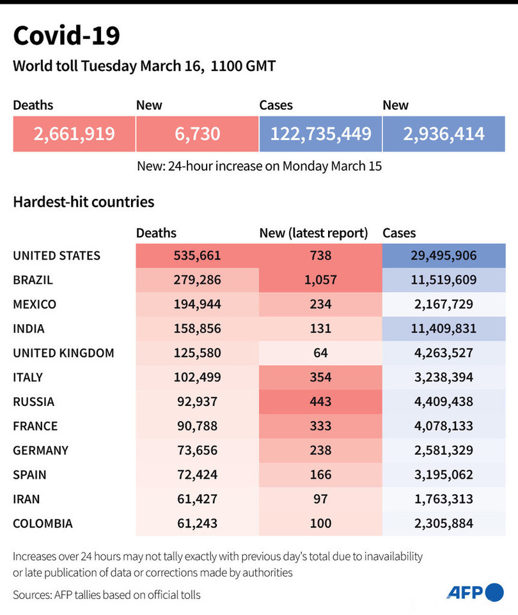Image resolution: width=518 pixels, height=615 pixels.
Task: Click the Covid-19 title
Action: (x=67, y=36)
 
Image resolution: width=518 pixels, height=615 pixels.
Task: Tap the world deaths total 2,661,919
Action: (x=74, y=134)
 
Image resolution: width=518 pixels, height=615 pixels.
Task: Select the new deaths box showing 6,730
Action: (x=197, y=134)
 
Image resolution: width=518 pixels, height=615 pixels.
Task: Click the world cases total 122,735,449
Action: (x=320, y=134)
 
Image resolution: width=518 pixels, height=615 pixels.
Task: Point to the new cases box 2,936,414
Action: (x=444, y=134)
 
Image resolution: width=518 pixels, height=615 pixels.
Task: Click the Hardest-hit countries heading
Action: (x=83, y=202)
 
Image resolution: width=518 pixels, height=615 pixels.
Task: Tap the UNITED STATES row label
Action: (x=57, y=256)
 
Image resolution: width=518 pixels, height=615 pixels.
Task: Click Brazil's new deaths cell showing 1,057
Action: (x=320, y=280)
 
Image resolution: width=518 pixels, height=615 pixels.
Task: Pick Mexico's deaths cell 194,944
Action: (x=197, y=304)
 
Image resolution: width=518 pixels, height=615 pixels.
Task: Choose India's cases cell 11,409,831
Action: (x=444, y=329)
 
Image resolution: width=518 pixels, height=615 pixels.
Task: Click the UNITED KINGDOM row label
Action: (x=63, y=353)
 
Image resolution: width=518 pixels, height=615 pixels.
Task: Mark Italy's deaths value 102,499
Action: (x=197, y=377)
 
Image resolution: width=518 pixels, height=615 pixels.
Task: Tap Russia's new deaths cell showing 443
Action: (x=320, y=401)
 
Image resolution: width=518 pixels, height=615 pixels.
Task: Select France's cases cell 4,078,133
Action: (x=444, y=426)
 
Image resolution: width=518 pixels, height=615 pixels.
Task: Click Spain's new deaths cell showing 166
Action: (x=320, y=474)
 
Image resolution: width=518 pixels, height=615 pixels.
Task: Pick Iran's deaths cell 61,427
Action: (x=197, y=499)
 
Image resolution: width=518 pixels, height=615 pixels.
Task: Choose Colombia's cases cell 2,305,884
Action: (x=444, y=523)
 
